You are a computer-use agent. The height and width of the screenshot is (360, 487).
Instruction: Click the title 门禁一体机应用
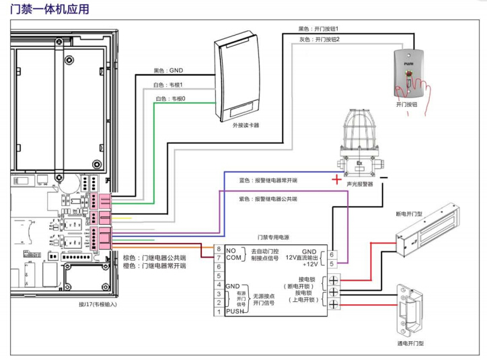(x=46, y=10)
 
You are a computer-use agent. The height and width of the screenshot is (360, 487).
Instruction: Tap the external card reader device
(x=237, y=79)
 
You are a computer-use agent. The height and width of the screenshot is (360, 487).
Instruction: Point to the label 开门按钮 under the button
(x=407, y=105)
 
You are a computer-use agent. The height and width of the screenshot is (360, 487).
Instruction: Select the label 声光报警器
(x=360, y=183)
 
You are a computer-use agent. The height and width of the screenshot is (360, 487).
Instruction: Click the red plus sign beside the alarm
(x=336, y=180)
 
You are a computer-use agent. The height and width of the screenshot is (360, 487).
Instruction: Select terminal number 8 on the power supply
(x=218, y=249)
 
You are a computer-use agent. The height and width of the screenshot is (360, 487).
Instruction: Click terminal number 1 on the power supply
(x=218, y=312)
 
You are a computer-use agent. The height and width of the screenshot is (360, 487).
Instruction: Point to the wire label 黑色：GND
(x=168, y=70)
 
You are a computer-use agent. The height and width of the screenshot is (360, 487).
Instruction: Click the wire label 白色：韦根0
(x=171, y=99)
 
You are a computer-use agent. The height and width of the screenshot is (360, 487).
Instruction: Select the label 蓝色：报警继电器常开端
(x=268, y=180)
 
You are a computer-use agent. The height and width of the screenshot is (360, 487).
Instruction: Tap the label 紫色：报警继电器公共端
(x=268, y=199)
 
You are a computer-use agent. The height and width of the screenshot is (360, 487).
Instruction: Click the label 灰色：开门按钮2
(x=319, y=40)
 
